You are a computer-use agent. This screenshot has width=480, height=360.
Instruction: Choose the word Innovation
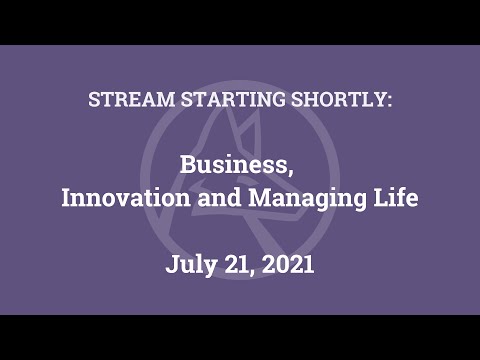click(x=119, y=198)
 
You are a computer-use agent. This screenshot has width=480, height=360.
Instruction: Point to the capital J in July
click(x=172, y=265)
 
